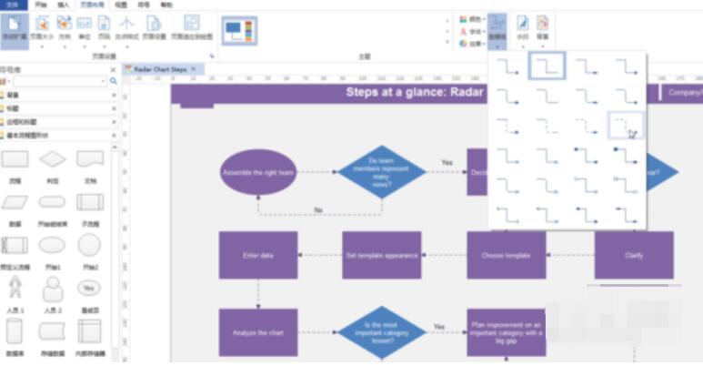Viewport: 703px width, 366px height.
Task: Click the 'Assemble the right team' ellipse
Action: pyautogui.click(x=258, y=172)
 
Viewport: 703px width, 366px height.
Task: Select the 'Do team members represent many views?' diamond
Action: pyautogui.click(x=381, y=172)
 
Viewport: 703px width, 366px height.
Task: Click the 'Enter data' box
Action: pyautogui.click(x=258, y=255)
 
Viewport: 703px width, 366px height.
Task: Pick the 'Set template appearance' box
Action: pyautogui.click(x=381, y=255)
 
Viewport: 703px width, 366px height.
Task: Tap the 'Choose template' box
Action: pyautogui.click(x=506, y=255)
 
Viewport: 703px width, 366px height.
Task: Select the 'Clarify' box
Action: pyautogui.click(x=634, y=255)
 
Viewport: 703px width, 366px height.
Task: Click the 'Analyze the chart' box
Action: pyautogui.click(x=258, y=332)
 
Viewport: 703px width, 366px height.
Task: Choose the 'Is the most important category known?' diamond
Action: pyautogui.click(x=381, y=332)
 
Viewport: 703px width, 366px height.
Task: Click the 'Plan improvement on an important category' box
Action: pyautogui.click(x=506, y=332)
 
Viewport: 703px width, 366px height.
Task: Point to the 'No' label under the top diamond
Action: pyautogui.click(x=318, y=209)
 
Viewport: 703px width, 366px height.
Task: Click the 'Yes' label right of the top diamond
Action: pyautogui.click(x=447, y=163)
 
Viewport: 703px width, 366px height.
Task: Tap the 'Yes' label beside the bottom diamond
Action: pyautogui.click(x=439, y=326)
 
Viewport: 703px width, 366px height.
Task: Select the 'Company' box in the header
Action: pyautogui.click(x=684, y=92)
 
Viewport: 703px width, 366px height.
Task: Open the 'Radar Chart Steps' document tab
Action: pyautogui.click(x=160, y=69)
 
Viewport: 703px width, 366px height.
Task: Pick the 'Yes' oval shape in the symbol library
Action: pyautogui.click(x=89, y=288)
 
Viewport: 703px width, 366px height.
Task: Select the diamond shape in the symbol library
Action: pyautogui.click(x=53, y=159)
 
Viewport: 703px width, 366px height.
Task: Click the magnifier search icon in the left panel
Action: pyautogui.click(x=114, y=81)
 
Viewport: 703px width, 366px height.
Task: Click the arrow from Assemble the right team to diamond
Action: pyautogui.click(x=316, y=172)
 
